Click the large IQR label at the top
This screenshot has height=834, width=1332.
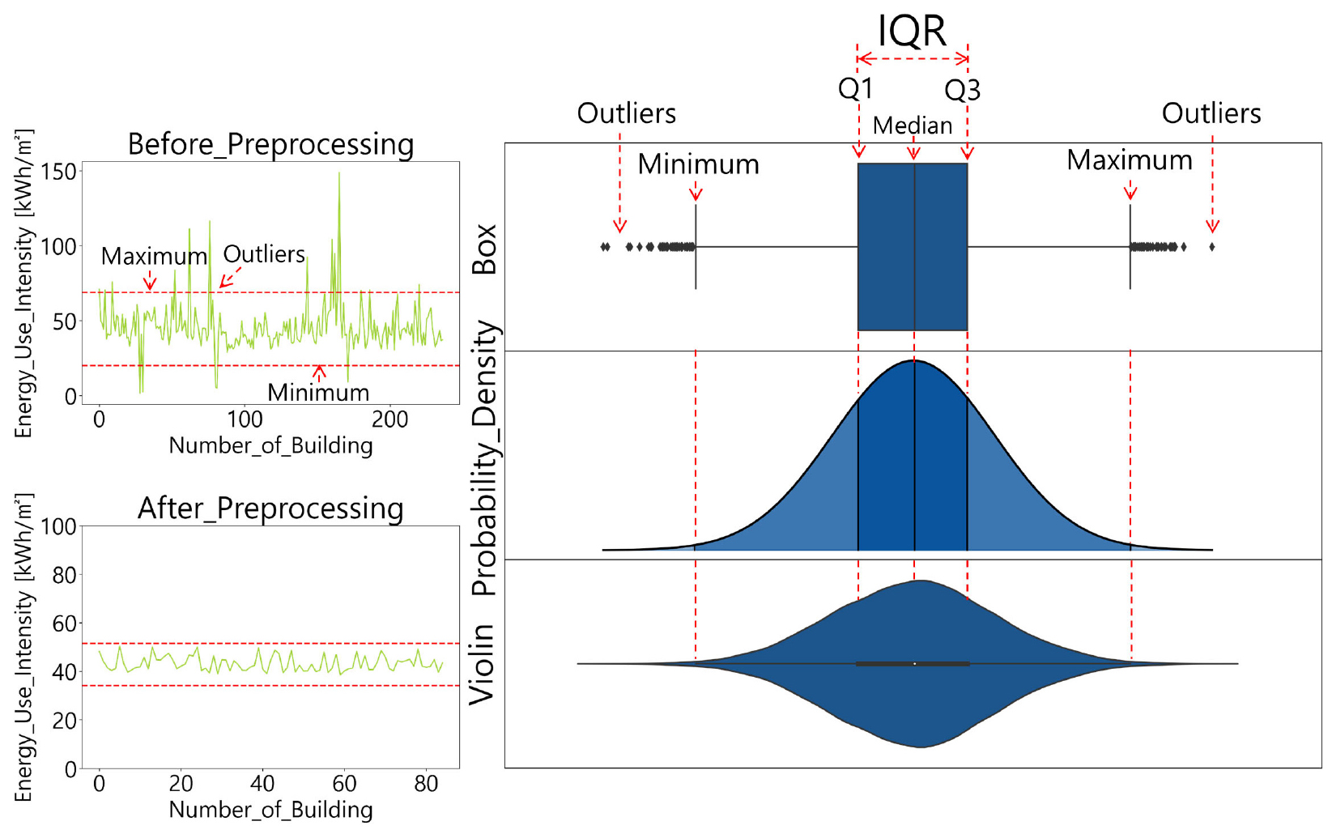[912, 31]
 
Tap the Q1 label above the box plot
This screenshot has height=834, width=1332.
[855, 88]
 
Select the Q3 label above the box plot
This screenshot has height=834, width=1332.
[962, 90]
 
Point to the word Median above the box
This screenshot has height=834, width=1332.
[912, 126]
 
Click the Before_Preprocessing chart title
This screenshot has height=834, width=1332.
[270, 144]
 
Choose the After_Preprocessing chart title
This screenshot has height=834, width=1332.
[270, 508]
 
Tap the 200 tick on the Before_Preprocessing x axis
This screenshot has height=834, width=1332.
[389, 419]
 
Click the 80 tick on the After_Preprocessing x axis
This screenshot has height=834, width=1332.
[426, 784]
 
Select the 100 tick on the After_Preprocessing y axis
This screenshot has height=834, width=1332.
[58, 527]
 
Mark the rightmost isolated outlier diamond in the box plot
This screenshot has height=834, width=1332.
[1211, 247]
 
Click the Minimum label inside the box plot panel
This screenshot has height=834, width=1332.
[698, 164]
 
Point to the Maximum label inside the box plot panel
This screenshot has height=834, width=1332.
[1129, 160]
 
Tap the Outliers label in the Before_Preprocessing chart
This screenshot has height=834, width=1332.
[264, 254]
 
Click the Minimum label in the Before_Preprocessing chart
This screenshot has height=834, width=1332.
[318, 393]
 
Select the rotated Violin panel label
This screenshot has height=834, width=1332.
[483, 664]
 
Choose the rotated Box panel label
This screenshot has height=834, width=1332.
[484, 249]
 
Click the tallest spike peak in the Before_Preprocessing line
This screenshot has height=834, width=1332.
[339, 173]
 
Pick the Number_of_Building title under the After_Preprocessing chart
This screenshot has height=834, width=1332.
[270, 810]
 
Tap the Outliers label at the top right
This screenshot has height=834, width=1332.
[1211, 113]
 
